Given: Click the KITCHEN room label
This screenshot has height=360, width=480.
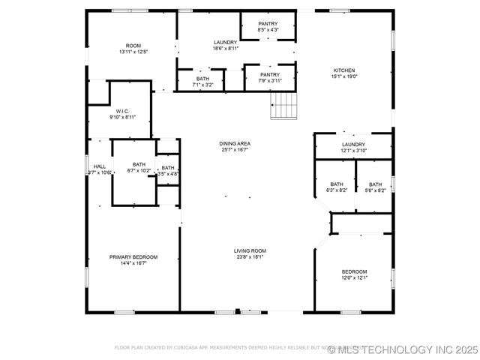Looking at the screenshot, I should point(344,70).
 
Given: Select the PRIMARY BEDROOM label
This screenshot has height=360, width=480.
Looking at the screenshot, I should point(133,257).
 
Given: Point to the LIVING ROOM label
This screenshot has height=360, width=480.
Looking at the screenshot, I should point(250,250).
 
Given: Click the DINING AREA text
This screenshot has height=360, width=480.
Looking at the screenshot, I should point(235,143).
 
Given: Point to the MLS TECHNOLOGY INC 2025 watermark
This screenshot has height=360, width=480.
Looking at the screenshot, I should point(408,349).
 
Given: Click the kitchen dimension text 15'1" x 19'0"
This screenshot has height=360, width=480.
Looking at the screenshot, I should point(344,76).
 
